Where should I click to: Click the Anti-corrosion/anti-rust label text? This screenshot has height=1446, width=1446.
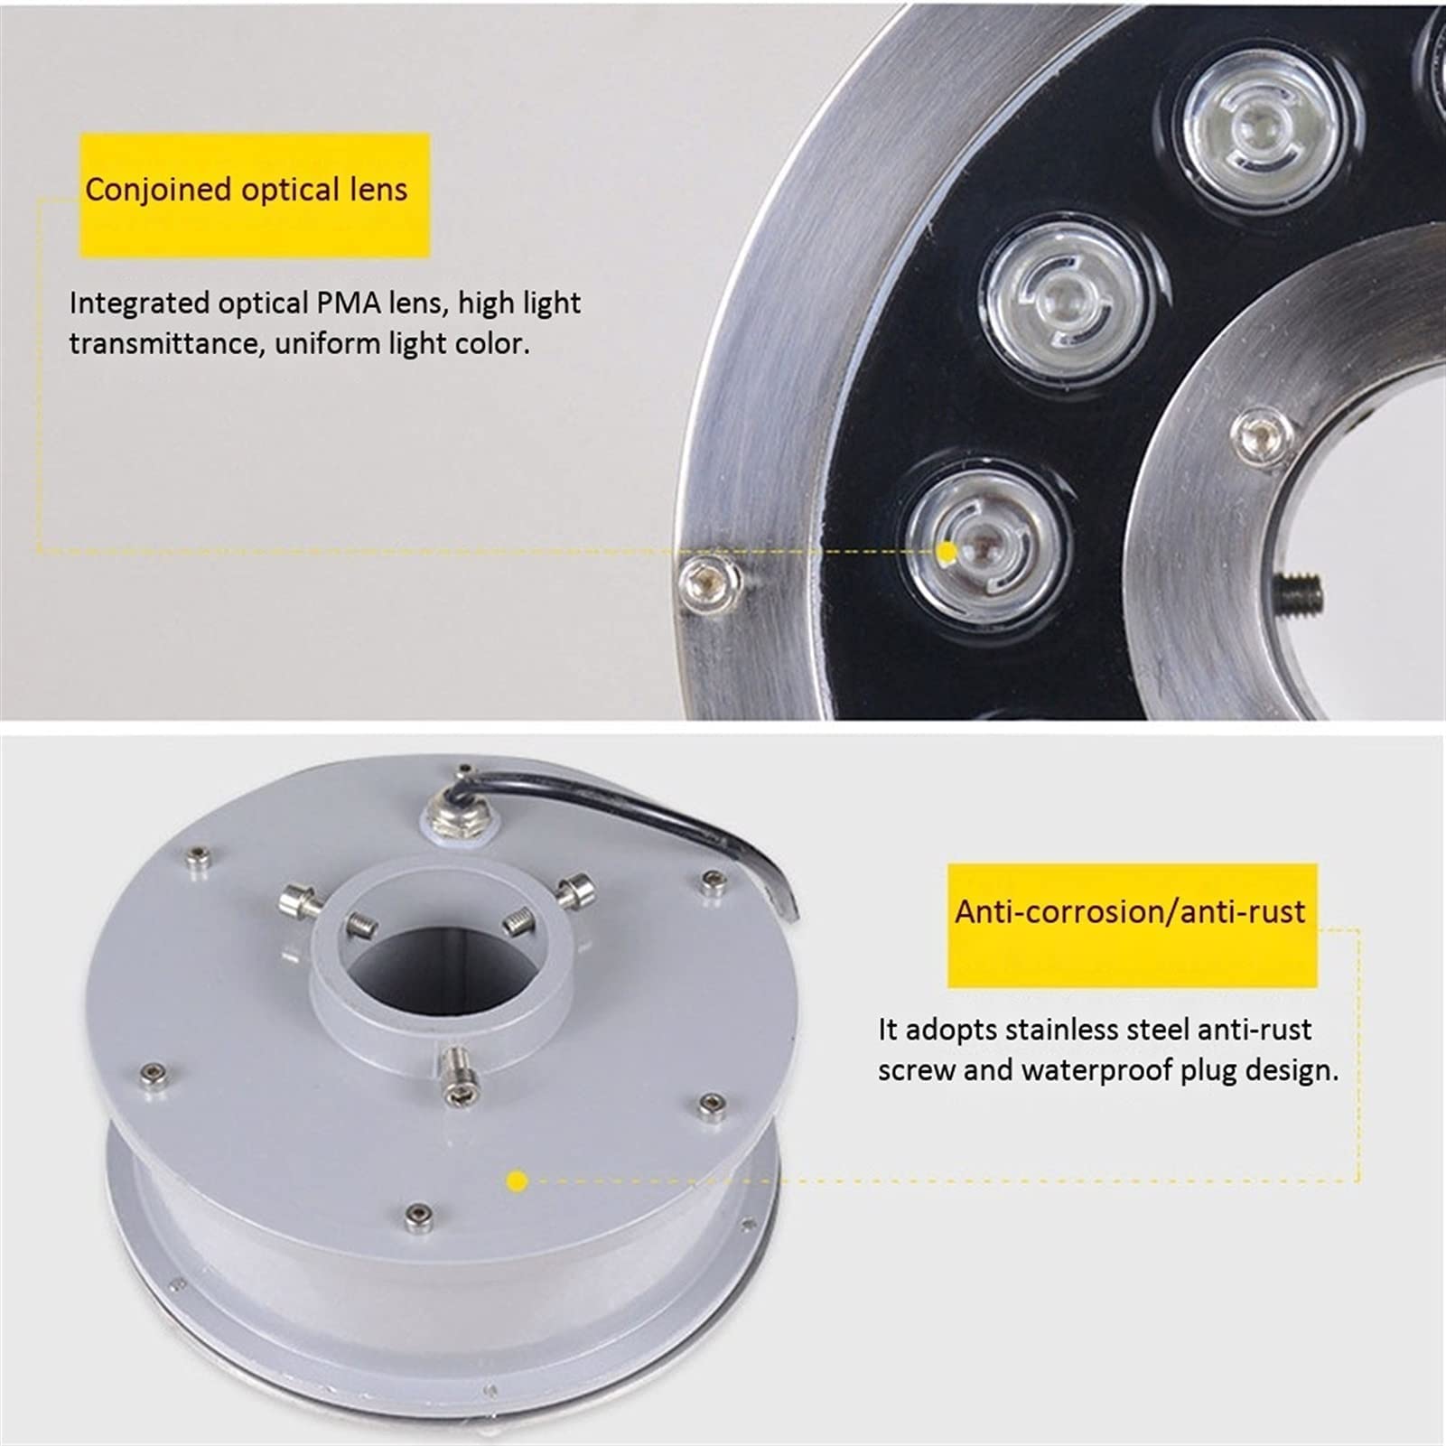(x=1130, y=911)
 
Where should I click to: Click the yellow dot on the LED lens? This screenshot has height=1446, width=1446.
(x=947, y=551)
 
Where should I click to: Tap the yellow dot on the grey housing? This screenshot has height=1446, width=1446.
(x=518, y=1180)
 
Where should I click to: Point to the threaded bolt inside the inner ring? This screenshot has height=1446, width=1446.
(x=1301, y=592)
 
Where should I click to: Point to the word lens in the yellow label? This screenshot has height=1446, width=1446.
(x=378, y=190)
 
